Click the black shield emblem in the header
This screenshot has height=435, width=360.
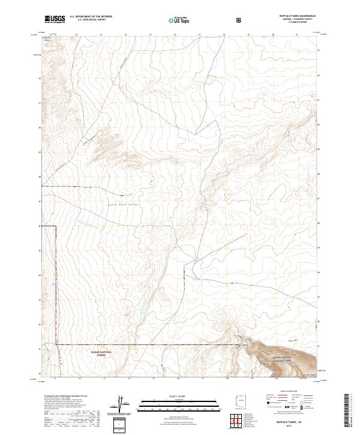[x=240, y=20]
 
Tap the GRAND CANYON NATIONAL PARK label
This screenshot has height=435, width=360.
[x=268, y=361]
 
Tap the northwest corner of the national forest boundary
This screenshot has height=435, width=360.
[x=56, y=226]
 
